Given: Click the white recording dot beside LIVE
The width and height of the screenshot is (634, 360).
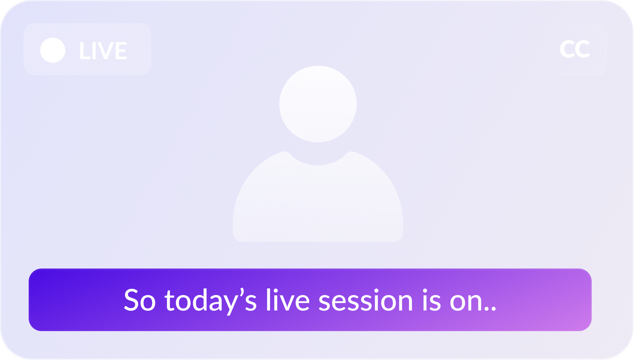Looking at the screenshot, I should (53, 50).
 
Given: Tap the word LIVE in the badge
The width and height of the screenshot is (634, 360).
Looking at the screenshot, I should (103, 51).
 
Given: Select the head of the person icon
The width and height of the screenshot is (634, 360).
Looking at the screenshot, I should (318, 104).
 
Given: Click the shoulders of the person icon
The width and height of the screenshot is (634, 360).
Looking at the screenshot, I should (318, 203).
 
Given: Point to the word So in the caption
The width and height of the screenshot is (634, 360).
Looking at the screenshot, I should (140, 300).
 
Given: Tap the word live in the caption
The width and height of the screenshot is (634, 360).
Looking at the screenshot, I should (288, 300).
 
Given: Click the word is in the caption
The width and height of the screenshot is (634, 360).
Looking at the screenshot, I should (431, 300).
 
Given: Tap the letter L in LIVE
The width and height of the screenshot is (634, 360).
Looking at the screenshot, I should (84, 51).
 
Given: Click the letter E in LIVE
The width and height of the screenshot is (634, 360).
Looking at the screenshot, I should (120, 51).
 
